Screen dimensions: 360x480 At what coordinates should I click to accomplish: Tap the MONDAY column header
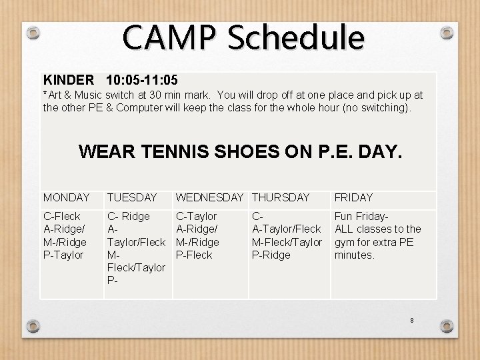pyautogui.click(x=67, y=197)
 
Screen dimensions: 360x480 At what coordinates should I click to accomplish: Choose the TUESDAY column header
pyautogui.click(x=132, y=197)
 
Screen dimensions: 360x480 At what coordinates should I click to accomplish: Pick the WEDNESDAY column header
pyautogui.click(x=209, y=197)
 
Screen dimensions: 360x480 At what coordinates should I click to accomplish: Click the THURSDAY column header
pyautogui.click(x=281, y=197)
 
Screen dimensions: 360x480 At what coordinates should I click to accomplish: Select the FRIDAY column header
pyautogui.click(x=353, y=197)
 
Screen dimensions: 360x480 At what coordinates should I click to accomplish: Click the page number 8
pyautogui.click(x=412, y=321)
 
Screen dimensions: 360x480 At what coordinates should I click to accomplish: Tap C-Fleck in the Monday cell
pyautogui.click(x=62, y=216)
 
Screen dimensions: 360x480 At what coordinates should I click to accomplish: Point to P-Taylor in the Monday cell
pyautogui.click(x=63, y=255)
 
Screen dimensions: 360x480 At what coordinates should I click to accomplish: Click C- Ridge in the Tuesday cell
pyautogui.click(x=129, y=216)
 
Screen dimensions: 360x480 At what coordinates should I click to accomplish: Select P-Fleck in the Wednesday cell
pyautogui.click(x=194, y=255)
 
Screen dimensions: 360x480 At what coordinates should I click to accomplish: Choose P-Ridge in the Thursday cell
pyautogui.click(x=271, y=255)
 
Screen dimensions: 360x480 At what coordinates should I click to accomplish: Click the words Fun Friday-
pyautogui.click(x=361, y=216)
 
